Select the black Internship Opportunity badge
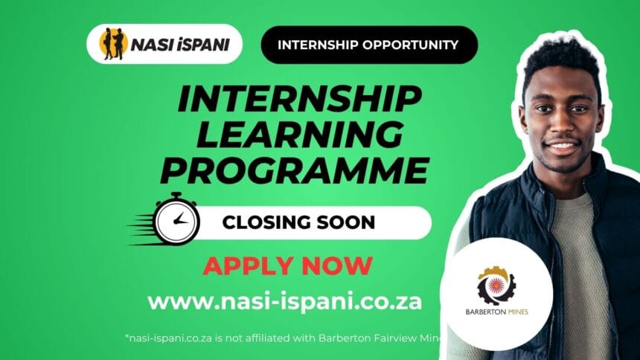[368, 45]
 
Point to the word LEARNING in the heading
[293, 136]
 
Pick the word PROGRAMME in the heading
[294, 170]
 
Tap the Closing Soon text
[299, 222]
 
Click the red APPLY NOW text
[287, 266]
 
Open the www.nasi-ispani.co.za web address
[285, 301]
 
